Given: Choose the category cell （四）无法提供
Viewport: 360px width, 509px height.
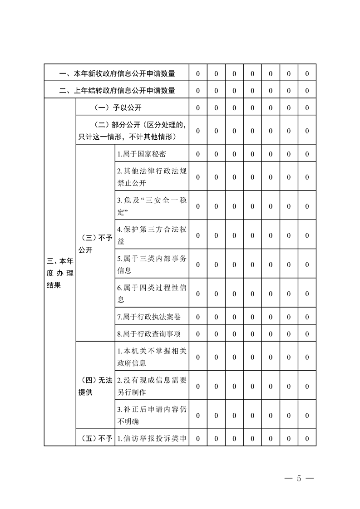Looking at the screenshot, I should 95,386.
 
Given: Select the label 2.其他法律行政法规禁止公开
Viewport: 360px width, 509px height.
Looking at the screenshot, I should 152,177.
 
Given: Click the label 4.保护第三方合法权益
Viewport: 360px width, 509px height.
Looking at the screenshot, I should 152,235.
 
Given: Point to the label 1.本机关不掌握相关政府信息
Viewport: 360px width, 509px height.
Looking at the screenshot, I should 152,357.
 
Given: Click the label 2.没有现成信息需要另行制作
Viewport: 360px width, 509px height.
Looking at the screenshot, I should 152,386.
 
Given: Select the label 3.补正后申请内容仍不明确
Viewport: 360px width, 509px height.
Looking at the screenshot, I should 152,415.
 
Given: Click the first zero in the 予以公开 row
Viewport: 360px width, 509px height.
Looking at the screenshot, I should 198,108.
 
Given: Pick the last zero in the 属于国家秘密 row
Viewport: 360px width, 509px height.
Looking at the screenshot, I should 307,154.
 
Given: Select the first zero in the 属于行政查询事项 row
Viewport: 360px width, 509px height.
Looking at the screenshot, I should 198,334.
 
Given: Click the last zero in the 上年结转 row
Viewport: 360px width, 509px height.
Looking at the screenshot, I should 307,90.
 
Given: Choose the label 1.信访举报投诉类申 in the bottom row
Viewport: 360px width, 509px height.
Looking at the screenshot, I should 152,438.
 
